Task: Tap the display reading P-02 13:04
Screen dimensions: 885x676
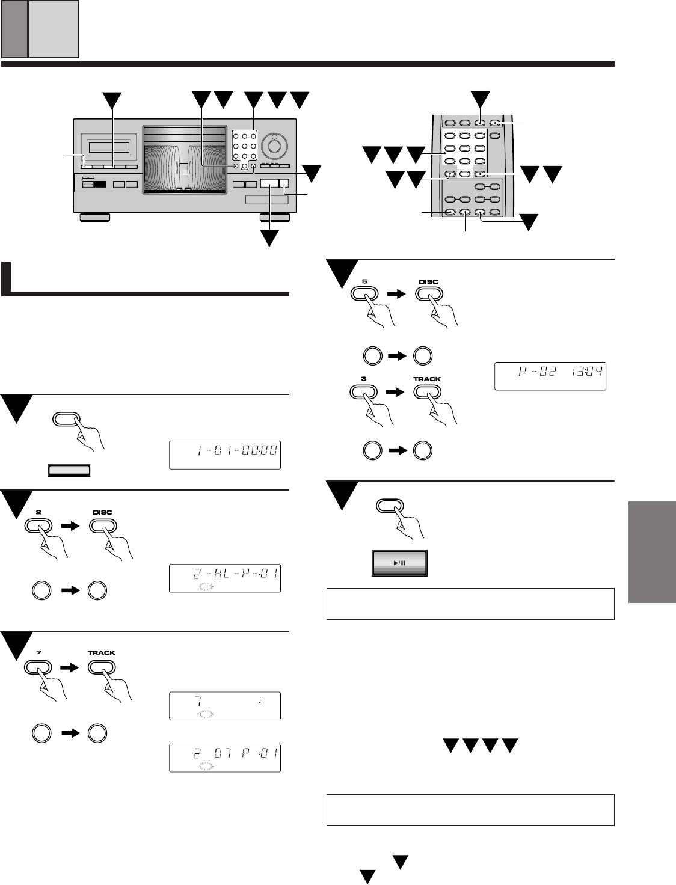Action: pos(550,375)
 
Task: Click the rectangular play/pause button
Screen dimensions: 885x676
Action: pos(399,563)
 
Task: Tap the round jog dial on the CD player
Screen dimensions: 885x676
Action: pos(275,145)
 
